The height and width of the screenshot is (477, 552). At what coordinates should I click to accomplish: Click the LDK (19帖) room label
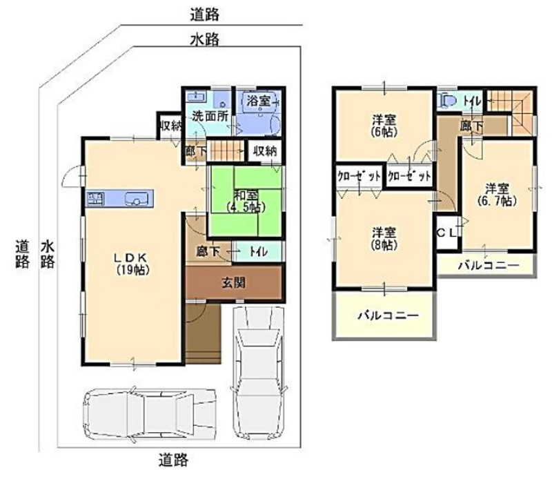(x=133, y=264)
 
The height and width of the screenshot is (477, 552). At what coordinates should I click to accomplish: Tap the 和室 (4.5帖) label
(x=246, y=202)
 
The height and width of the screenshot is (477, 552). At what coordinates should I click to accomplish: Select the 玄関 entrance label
(x=234, y=282)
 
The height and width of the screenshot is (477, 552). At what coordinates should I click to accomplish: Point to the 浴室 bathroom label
(x=259, y=101)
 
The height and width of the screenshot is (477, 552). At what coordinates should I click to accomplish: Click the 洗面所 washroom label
(x=210, y=116)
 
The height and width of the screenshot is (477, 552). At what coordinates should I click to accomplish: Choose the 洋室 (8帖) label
(x=384, y=239)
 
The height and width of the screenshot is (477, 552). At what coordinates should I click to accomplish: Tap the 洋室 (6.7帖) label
(x=497, y=195)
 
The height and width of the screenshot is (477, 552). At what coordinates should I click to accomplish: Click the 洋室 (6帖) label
(x=384, y=126)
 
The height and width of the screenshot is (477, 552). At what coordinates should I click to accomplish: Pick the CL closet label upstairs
(x=446, y=233)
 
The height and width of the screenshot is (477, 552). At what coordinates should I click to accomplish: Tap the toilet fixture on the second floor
(x=446, y=100)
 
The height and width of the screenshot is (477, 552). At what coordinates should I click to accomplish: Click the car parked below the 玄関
(x=259, y=370)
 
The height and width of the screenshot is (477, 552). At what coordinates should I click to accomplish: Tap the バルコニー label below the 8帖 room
(x=388, y=315)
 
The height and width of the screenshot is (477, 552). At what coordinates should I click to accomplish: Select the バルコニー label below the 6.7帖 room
(x=489, y=265)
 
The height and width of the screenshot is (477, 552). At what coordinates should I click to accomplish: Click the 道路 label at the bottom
(x=173, y=460)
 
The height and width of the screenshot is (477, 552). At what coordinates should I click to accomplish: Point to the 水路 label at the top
(x=204, y=39)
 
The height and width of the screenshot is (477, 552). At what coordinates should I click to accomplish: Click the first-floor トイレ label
(x=259, y=251)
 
